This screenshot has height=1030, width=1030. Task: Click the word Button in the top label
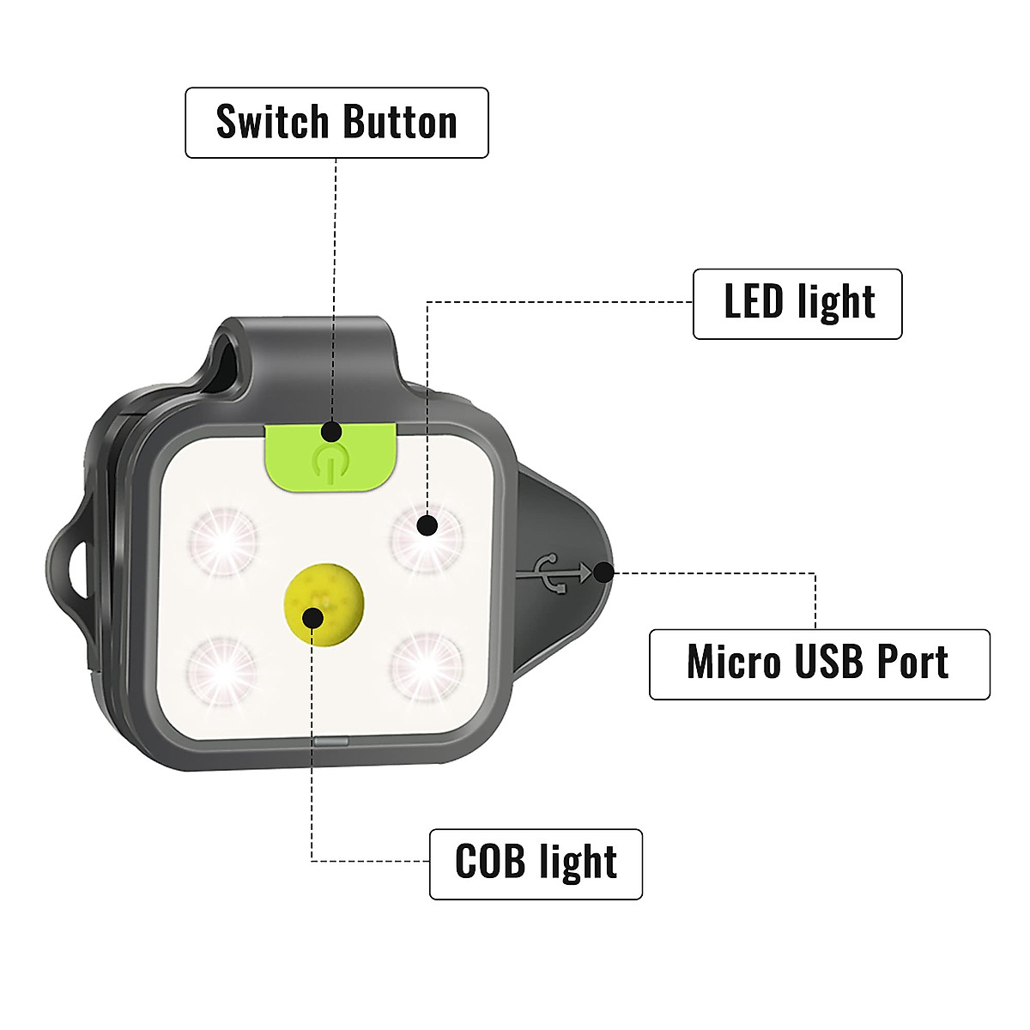pyautogui.click(x=397, y=123)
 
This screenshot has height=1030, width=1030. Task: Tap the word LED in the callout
pyautogui.click(x=754, y=302)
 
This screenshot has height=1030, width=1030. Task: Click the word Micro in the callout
pyautogui.click(x=734, y=663)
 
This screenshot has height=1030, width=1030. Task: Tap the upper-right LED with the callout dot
pyautogui.click(x=426, y=536)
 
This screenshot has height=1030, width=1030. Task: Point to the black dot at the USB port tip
pyautogui.click(x=605, y=573)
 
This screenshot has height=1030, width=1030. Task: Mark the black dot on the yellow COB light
pyautogui.click(x=313, y=617)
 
